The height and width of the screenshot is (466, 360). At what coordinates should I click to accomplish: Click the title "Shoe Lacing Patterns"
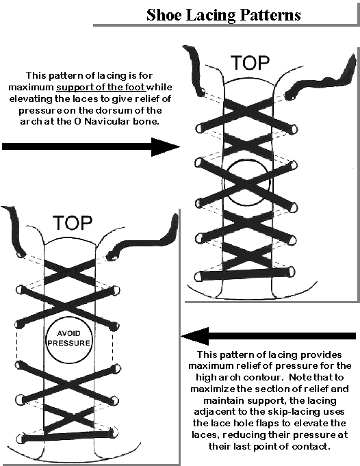click(x=224, y=15)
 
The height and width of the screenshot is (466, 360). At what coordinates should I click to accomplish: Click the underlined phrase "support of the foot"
click(x=101, y=87)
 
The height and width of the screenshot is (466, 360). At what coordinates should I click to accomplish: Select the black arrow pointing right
click(x=90, y=146)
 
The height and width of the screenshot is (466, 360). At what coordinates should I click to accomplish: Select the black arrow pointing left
click(x=268, y=336)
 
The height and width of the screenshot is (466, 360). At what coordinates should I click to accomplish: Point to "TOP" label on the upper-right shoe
click(x=250, y=63)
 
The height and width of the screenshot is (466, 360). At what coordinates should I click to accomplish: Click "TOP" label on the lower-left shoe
click(x=73, y=223)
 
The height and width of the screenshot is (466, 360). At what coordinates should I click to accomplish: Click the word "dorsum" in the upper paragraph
click(x=114, y=110)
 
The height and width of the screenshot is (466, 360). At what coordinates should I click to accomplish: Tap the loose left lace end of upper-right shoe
click(x=193, y=70)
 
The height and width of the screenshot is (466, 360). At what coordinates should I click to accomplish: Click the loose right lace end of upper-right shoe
click(x=322, y=79)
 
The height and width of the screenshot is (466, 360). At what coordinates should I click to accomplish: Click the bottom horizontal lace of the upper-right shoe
click(x=245, y=274)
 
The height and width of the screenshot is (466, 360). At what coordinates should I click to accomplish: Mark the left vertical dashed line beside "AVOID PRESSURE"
click(x=18, y=345)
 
